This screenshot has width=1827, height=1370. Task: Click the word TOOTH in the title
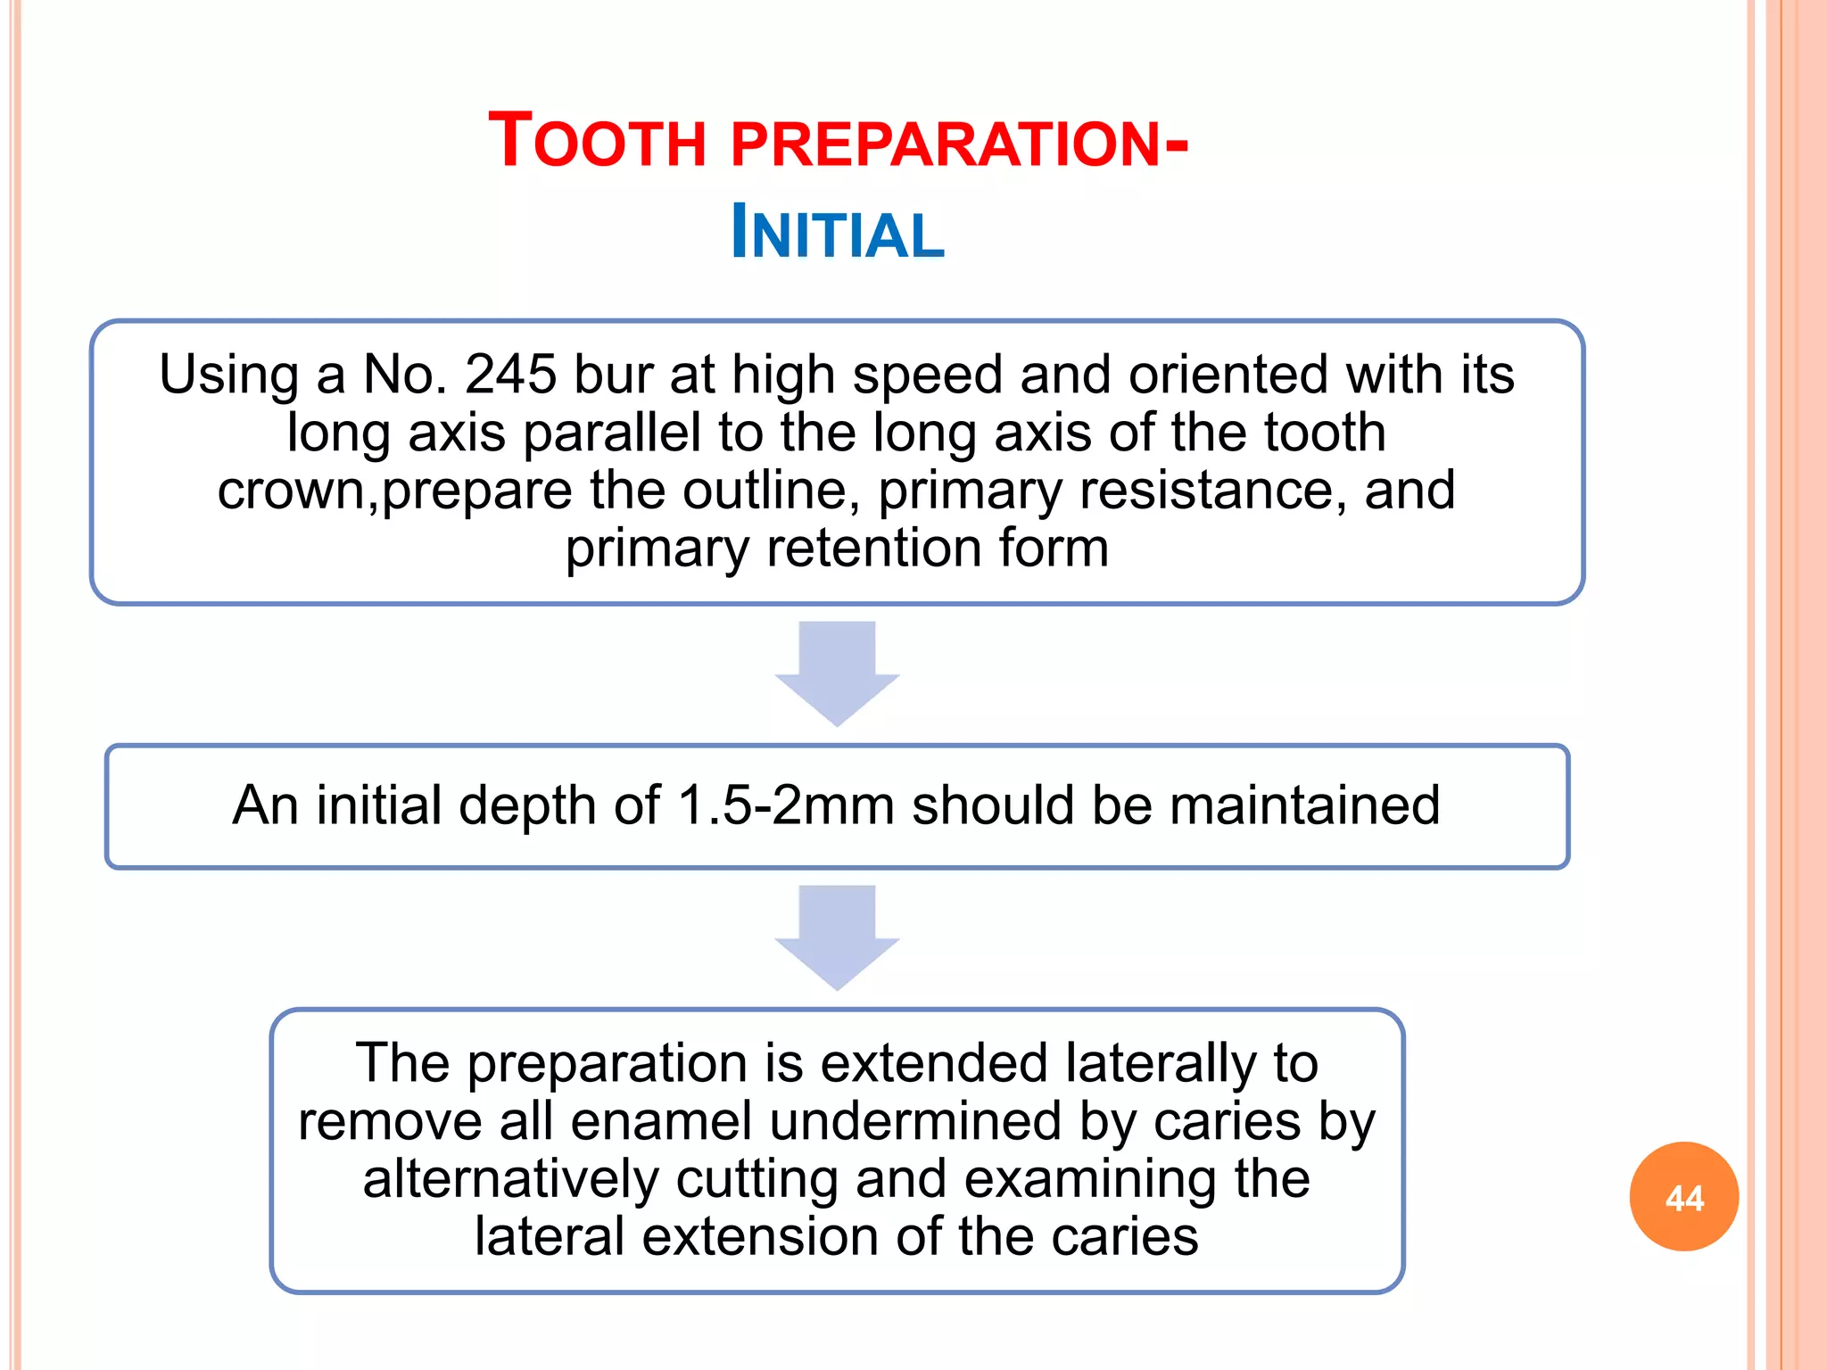pyautogui.click(x=598, y=142)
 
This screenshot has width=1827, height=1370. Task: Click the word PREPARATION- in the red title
pyautogui.click(x=959, y=144)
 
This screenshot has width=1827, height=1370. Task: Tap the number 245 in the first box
pyautogui.click(x=510, y=375)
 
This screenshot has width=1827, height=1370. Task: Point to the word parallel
pyautogui.click(x=612, y=433)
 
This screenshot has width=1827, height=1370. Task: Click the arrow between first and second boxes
pyautogui.click(x=837, y=673)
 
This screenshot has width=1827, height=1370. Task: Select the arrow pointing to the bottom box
pyautogui.click(x=837, y=937)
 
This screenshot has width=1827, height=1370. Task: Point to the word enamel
pyautogui.click(x=661, y=1121)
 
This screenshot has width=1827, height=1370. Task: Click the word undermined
pyautogui.click(x=915, y=1121)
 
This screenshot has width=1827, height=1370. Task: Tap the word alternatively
pyautogui.click(x=510, y=1179)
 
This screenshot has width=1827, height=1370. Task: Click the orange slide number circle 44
pyautogui.click(x=1683, y=1197)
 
